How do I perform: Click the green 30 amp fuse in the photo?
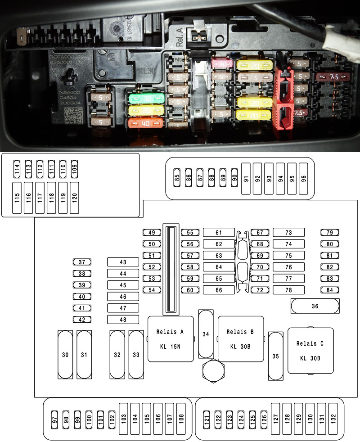click(x=145, y=99)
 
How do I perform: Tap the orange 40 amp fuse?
click(x=145, y=123)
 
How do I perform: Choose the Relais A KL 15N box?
click(x=171, y=338)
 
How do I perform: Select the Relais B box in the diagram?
click(x=240, y=338)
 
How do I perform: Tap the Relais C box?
click(x=310, y=350)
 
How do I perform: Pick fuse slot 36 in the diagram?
click(x=315, y=306)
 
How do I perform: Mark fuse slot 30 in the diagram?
click(x=65, y=354)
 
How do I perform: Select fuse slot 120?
click(x=74, y=198)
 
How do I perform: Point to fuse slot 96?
click(x=304, y=178)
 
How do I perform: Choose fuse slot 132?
click(x=333, y=418)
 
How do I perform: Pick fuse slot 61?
click(x=219, y=232)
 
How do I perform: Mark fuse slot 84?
click(x=330, y=290)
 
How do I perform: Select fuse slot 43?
click(x=123, y=262)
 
